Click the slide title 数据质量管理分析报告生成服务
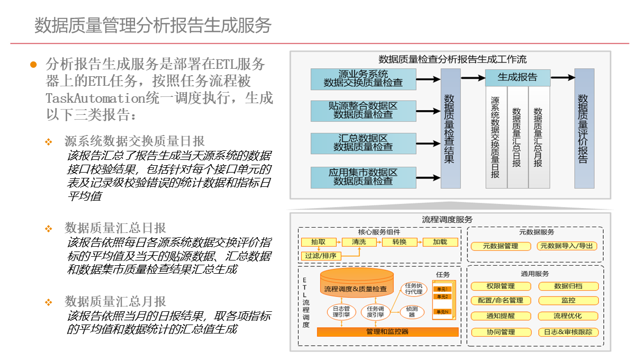pos(153,25)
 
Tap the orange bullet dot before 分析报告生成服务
pos(33,65)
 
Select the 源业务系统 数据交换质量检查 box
pos(363,79)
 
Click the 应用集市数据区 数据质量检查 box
pos(363,177)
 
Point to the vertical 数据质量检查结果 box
pos(450,128)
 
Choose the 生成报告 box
pos(517,77)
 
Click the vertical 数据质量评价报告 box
pos(584,128)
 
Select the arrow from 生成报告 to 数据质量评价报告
pos(563,77)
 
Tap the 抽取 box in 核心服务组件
pos(318,242)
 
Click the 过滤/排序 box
pos(321,256)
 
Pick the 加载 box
pos(440,242)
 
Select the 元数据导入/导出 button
pos(567,246)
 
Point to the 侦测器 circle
pos(412,312)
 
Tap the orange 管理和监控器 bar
pos(387,332)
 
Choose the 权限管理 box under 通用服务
pos(500,286)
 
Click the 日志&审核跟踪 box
pos(568,332)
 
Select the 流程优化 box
pos(567,316)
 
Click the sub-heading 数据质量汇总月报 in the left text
pos(115,302)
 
